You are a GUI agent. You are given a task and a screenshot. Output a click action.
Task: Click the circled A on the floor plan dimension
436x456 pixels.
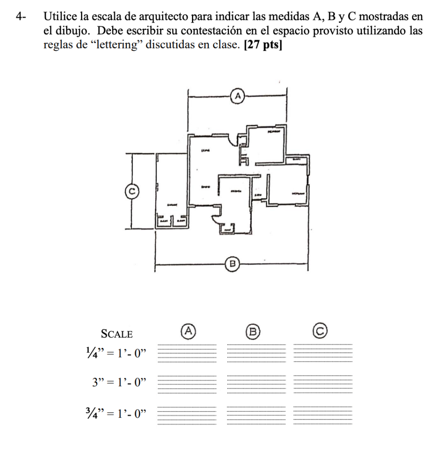click(238, 95)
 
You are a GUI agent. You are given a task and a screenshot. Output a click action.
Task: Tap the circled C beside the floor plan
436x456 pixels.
click(131, 191)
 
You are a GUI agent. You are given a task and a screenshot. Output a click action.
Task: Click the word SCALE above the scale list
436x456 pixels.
click(117, 334)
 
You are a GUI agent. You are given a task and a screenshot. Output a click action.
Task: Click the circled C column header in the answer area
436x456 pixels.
click(319, 330)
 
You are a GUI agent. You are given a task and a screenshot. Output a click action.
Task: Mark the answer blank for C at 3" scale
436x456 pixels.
click(322, 384)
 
